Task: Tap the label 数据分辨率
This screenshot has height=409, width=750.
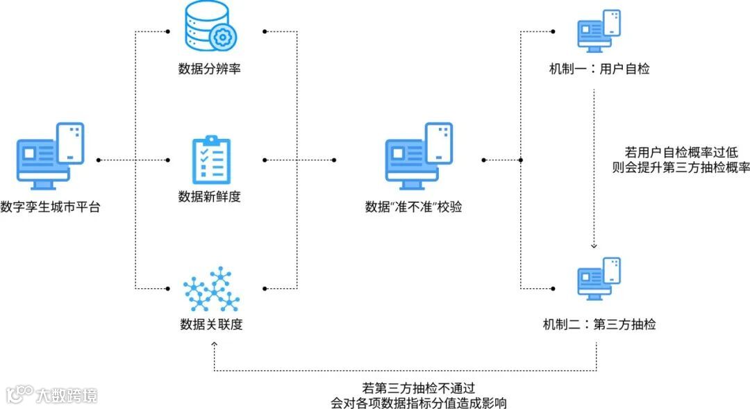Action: pyautogui.click(x=209, y=69)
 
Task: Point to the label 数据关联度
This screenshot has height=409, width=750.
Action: pyautogui.click(x=211, y=324)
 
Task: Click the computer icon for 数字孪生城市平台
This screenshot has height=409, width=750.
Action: pyautogui.click(x=50, y=156)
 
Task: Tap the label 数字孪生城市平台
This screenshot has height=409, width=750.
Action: pyautogui.click(x=50, y=207)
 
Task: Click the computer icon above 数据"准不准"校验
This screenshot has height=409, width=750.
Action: pyautogui.click(x=419, y=156)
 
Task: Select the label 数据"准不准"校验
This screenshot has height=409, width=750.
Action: pyautogui.click(x=414, y=207)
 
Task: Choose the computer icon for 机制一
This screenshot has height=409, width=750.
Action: pyautogui.click(x=599, y=31)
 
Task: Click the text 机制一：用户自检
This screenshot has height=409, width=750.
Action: pyautogui.click(x=599, y=69)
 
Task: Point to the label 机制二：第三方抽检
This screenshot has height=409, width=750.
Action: pyautogui.click(x=599, y=324)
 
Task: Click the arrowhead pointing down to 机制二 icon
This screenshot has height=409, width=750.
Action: pyautogui.click(x=594, y=245)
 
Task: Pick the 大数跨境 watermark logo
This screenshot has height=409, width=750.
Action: pyautogui.click(x=51, y=395)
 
